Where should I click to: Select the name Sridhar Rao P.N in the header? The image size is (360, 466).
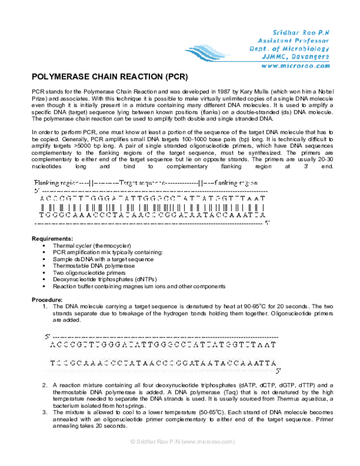(301, 31)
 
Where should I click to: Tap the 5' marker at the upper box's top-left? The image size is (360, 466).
(37, 190)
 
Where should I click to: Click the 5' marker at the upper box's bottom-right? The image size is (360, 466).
(267, 222)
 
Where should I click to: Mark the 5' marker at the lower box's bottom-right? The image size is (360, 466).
(277, 371)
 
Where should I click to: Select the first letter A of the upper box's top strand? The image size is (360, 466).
(41, 198)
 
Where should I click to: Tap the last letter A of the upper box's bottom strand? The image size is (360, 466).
(263, 214)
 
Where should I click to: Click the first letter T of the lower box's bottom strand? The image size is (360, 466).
(53, 363)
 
